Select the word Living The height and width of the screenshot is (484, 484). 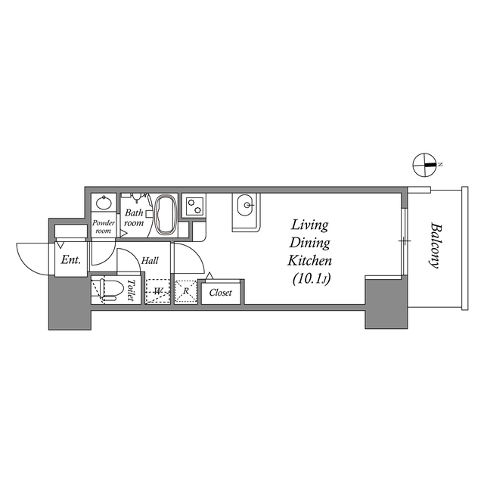(x=309, y=225)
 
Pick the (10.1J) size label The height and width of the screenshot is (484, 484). (x=309, y=278)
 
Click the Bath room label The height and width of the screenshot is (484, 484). (x=134, y=218)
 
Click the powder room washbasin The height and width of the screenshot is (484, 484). (x=104, y=203)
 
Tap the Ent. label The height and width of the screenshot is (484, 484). (x=70, y=261)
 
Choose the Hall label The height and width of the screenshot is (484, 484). (x=150, y=261)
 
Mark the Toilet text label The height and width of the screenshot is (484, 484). (x=131, y=290)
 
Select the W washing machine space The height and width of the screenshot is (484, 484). (x=157, y=291)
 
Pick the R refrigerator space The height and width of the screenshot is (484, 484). (x=185, y=291)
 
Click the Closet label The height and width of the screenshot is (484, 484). (x=220, y=293)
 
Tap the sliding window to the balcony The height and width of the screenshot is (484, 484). (x=405, y=241)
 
